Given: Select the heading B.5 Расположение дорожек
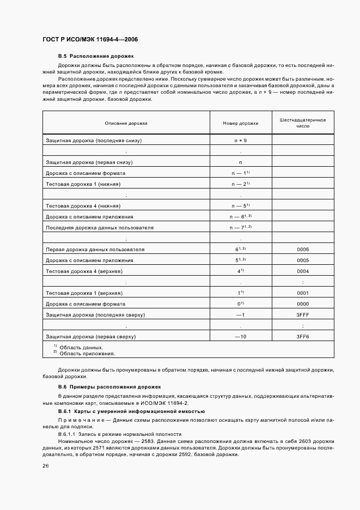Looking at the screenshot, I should (x=95, y=56).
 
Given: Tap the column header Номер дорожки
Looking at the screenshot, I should (x=240, y=124).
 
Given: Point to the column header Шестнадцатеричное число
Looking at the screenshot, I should (x=302, y=122).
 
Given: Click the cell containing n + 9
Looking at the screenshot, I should (x=240, y=140).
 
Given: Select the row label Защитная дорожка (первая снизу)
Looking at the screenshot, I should (x=89, y=162).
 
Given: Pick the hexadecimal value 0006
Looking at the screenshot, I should (x=302, y=249).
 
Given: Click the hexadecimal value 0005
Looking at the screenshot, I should (x=302, y=260).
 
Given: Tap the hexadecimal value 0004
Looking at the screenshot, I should (x=302, y=271).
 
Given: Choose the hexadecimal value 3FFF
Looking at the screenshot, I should (x=302, y=314).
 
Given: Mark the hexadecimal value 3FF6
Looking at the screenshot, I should (x=302, y=336).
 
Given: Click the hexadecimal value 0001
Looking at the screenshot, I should (x=302, y=293).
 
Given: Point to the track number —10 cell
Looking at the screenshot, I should (x=240, y=336).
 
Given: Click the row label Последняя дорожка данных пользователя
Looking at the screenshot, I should (x=100, y=227).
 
